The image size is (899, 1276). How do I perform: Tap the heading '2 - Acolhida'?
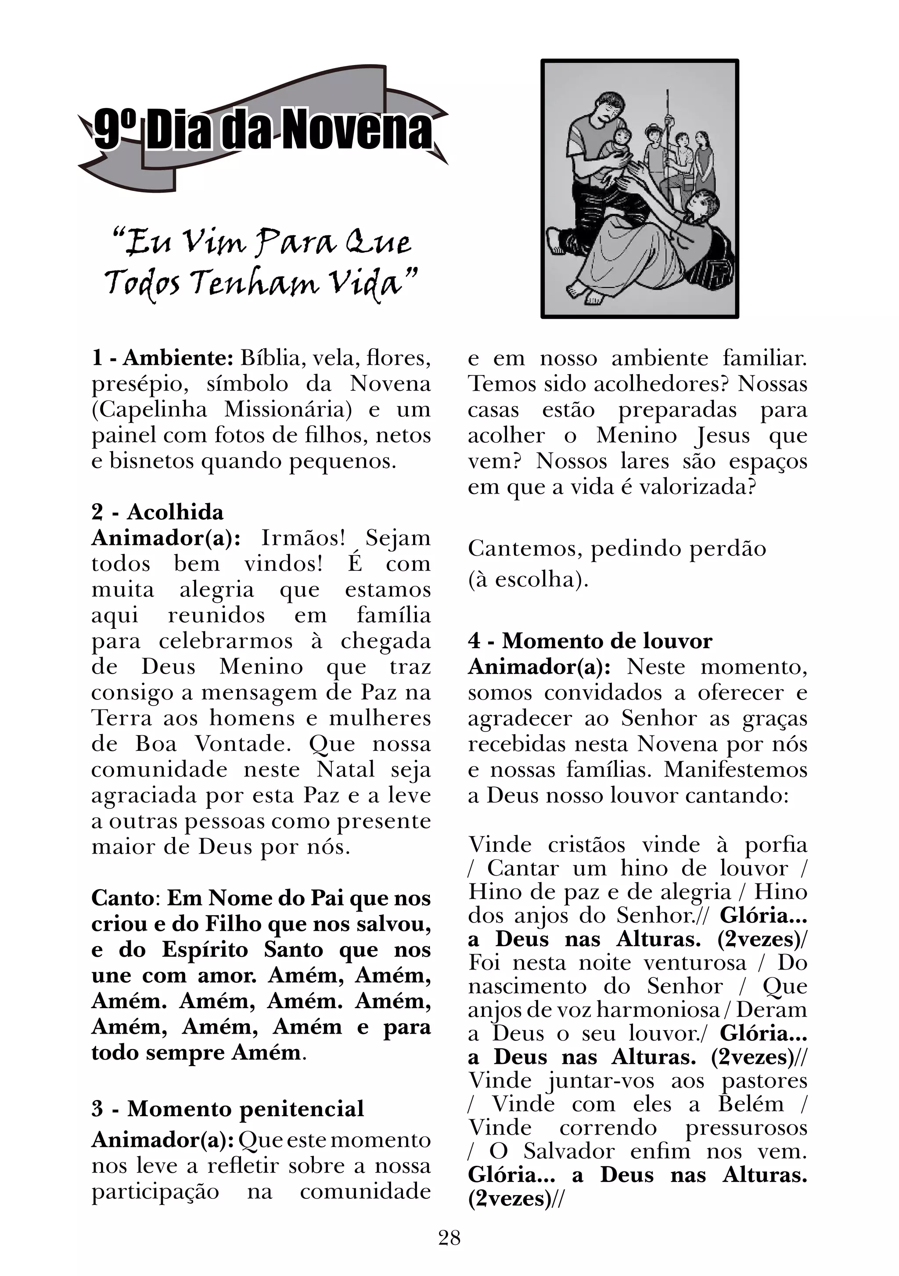pos(157,512)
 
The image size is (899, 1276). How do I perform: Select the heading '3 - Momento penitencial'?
pos(228,1108)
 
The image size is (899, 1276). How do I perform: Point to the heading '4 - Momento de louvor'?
pos(590,641)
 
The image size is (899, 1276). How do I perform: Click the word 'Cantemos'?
pos(525,548)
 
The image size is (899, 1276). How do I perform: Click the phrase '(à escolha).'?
pos(528,580)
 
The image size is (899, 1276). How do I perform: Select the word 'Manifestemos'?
pos(735,770)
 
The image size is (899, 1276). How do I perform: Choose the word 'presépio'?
pos(136,385)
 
